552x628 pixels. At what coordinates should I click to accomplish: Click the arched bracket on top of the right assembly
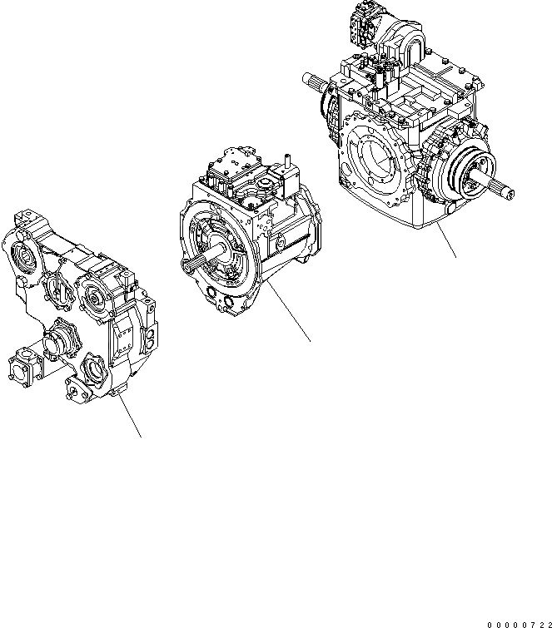pyautogui.click(x=408, y=37)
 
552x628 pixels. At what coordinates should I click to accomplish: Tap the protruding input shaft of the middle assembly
pyautogui.click(x=193, y=263)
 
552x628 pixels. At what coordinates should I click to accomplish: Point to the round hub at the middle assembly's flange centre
pyautogui.click(x=218, y=250)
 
